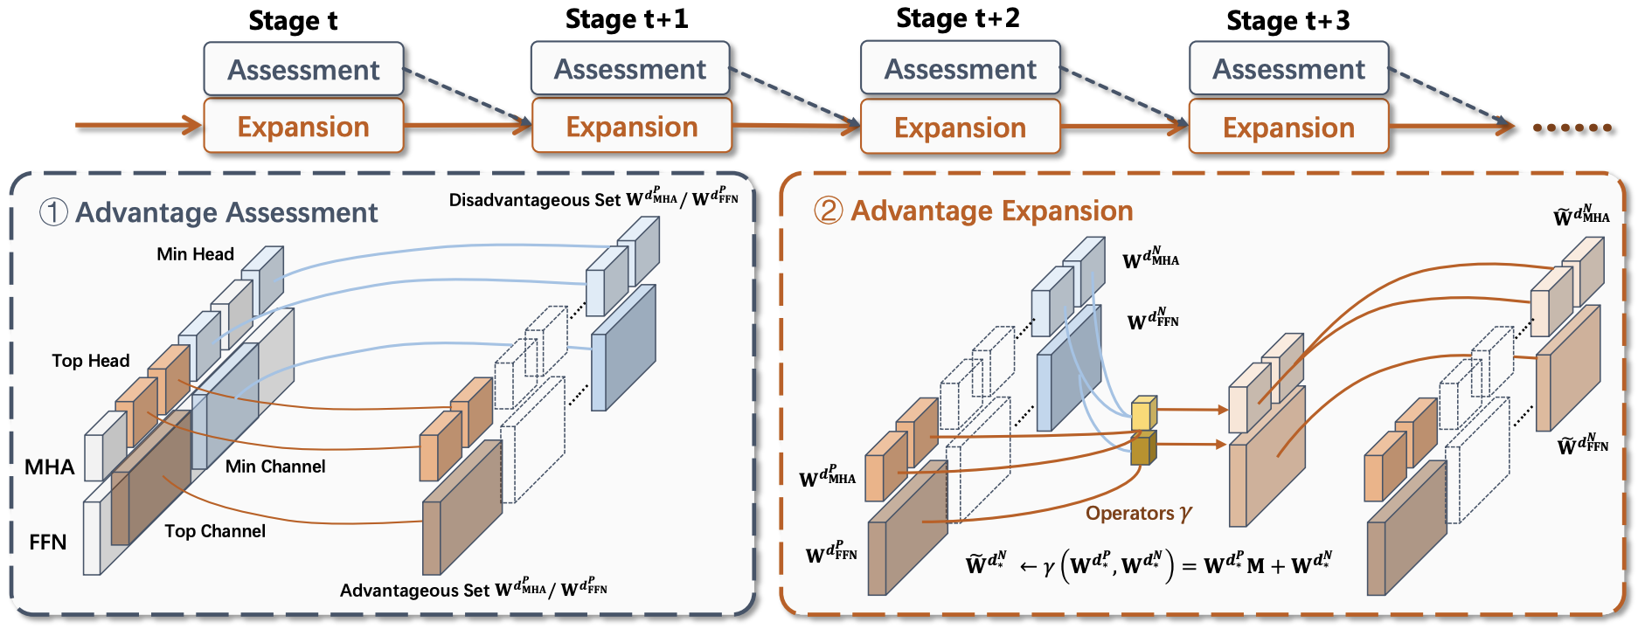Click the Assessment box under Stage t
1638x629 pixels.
tap(303, 70)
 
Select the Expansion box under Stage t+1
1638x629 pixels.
tap(631, 128)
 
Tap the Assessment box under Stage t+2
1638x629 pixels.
tap(960, 69)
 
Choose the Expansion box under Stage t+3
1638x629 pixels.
tap(1288, 128)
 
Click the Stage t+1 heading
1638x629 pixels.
tap(626, 19)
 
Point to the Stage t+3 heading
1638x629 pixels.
tap(1287, 21)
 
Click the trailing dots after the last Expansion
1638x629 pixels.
tap(1572, 128)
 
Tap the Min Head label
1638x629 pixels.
tap(195, 254)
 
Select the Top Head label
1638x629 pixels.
tap(90, 361)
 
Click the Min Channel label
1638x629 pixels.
tap(275, 467)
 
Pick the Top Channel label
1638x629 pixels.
tap(215, 531)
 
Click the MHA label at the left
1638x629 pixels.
tap(49, 467)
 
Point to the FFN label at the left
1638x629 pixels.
tap(47, 543)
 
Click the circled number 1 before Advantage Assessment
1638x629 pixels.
tap(53, 212)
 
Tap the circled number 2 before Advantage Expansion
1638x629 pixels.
tap(828, 211)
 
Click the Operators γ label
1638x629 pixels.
tap(1138, 514)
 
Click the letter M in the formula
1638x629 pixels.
tap(1255, 566)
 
